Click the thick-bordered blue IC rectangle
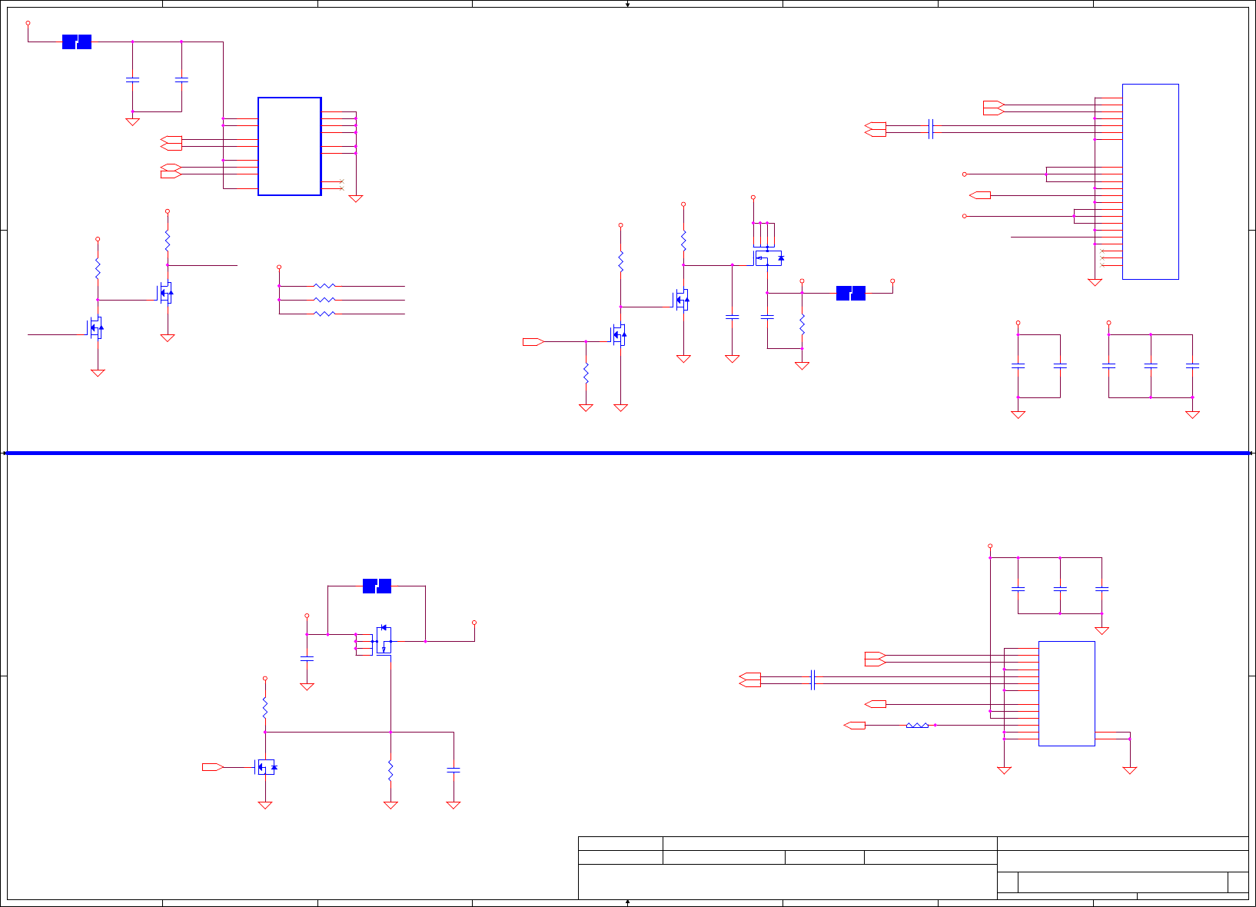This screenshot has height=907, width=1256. click(x=289, y=146)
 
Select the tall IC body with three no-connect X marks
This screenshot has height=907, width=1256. click(x=1150, y=181)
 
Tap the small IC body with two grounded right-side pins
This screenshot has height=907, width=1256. click(x=1066, y=693)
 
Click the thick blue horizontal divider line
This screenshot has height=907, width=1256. click(x=627, y=453)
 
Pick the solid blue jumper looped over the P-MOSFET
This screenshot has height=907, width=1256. click(x=377, y=586)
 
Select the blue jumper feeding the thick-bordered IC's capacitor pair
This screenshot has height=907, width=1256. click(x=77, y=42)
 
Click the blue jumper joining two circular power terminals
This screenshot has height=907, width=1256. click(x=850, y=293)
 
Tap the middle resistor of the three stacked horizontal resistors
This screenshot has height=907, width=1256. click(x=324, y=300)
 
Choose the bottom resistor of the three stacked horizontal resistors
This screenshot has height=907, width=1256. click(x=324, y=314)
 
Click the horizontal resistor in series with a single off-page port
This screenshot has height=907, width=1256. click(x=917, y=725)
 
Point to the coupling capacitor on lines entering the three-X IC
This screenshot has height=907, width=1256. click(x=931, y=129)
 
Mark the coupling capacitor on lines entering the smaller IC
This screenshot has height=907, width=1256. click(x=812, y=680)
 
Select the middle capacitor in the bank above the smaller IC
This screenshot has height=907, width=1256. click(x=1060, y=589)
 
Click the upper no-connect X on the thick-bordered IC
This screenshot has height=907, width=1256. click(x=341, y=181)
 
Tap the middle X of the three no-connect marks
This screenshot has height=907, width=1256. click(x=1102, y=258)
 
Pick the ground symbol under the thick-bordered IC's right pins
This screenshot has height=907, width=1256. click(x=355, y=198)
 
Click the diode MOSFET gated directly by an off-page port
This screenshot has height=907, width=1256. click(x=266, y=766)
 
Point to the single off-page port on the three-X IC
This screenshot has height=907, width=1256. click(x=980, y=195)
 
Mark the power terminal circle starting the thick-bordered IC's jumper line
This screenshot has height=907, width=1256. click(x=28, y=23)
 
